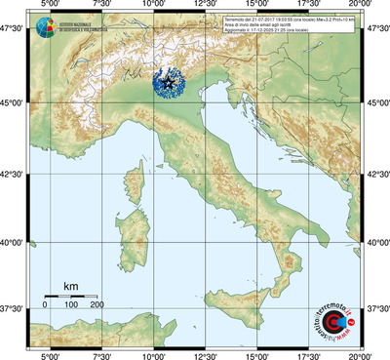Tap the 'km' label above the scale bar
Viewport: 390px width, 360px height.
(x=70, y=286)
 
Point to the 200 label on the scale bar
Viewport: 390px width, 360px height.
(x=97, y=304)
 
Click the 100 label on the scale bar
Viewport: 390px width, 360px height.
(x=70, y=304)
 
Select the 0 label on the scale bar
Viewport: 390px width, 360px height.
(x=45, y=304)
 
